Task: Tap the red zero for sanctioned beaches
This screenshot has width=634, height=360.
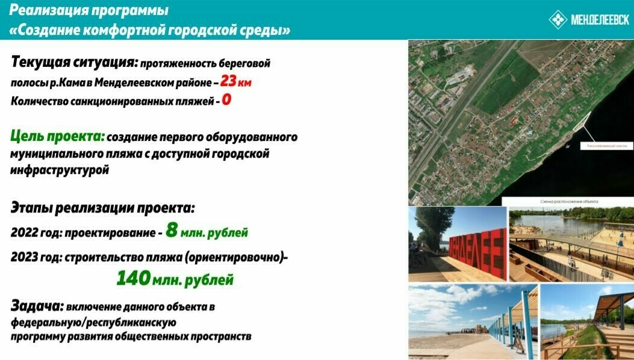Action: [226, 100]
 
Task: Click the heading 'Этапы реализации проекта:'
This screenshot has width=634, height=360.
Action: [103, 208]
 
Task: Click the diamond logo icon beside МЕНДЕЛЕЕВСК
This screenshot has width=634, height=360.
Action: [559, 20]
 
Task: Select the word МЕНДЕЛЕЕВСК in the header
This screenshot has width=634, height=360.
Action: [600, 20]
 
